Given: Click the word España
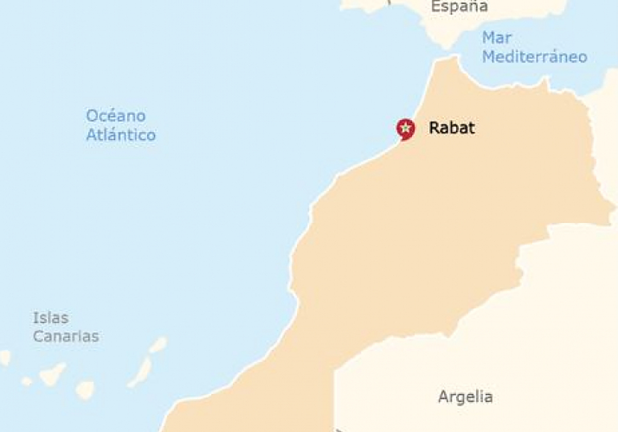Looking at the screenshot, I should [x=459, y=7].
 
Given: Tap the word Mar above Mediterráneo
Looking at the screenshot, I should [x=496, y=38].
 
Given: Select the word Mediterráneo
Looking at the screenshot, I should [x=535, y=57].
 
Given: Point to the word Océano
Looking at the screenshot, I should [x=116, y=116].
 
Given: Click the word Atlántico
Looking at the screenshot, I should [x=121, y=135].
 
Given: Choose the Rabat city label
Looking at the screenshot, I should [x=452, y=128].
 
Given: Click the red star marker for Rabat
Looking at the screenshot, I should [x=406, y=128].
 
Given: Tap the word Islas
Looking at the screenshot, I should [x=50, y=318].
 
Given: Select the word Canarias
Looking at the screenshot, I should [x=66, y=337].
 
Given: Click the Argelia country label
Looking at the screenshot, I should [x=465, y=397].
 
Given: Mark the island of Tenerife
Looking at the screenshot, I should [x=53, y=373].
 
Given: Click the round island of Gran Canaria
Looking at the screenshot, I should [x=85, y=389].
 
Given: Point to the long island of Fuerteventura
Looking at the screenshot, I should [x=141, y=372].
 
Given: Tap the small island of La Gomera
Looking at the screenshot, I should [x=27, y=381].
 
